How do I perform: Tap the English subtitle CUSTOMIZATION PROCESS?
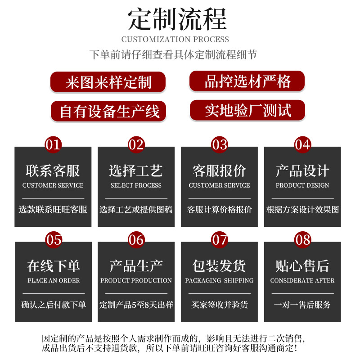click(x=175, y=39)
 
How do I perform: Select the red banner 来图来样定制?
click(x=108, y=82)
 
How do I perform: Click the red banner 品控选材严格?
click(x=247, y=81)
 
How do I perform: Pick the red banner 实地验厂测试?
click(x=247, y=110)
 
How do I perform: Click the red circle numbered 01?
click(x=53, y=144)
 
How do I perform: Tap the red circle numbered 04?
click(x=302, y=144)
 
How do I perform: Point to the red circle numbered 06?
click(x=136, y=239)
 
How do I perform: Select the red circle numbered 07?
click(x=220, y=239)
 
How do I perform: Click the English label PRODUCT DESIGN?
click(x=302, y=185)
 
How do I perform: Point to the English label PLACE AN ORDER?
click(x=54, y=280)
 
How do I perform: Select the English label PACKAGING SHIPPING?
click(x=219, y=280)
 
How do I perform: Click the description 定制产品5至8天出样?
click(x=136, y=305)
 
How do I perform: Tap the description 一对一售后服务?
click(x=302, y=305)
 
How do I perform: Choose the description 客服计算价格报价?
click(x=219, y=210)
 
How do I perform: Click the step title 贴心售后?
click(x=302, y=266)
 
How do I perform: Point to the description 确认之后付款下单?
click(x=54, y=305)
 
